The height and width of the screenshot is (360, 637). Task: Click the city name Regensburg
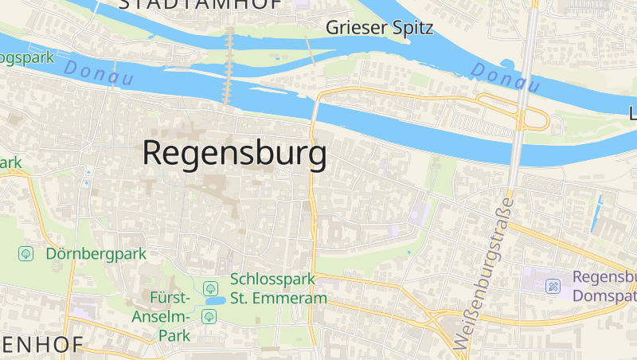click(x=234, y=153)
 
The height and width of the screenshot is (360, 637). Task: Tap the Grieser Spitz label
click(x=379, y=29)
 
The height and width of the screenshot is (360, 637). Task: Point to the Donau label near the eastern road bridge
click(x=504, y=74)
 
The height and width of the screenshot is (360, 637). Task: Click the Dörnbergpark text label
click(x=96, y=254)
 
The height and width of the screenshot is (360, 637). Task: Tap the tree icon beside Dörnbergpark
click(x=26, y=253)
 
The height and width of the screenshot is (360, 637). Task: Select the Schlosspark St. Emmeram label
click(x=278, y=289)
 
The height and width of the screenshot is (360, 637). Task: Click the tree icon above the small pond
click(x=210, y=288)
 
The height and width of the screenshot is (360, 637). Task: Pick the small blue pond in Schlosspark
click(x=213, y=301)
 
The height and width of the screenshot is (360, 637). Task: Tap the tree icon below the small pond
click(x=209, y=316)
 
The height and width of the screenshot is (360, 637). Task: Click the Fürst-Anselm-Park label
click(x=170, y=316)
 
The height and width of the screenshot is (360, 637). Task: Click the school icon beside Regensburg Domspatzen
click(x=553, y=285)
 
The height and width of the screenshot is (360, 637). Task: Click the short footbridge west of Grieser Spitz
click(x=309, y=48)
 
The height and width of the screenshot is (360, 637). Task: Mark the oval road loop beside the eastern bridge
click(x=514, y=111)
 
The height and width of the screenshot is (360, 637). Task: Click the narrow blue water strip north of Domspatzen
click(x=596, y=213)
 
